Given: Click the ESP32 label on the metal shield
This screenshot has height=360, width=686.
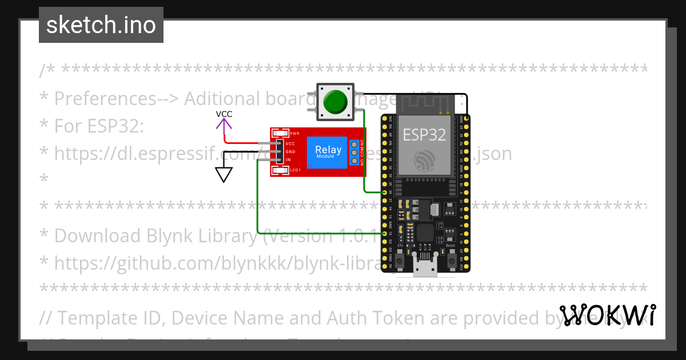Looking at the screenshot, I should [424, 134].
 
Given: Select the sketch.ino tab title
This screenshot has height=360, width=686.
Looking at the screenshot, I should [101, 25].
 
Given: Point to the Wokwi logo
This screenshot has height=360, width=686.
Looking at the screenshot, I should [607, 315].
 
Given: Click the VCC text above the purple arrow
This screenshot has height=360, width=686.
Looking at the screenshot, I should [224, 114].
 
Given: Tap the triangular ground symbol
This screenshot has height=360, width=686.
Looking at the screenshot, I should [224, 174].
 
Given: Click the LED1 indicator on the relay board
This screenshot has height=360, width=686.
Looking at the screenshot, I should [281, 170].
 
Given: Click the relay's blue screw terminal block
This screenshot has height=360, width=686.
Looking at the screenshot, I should [355, 153].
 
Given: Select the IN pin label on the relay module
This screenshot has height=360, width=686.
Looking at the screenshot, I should [289, 160].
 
